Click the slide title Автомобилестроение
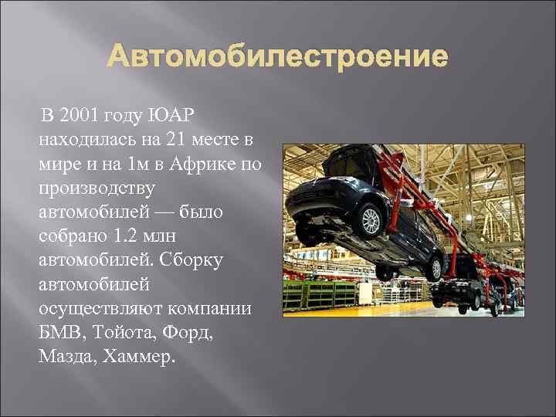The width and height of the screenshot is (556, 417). click(277, 57)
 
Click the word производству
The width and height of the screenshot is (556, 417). click(97, 188)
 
